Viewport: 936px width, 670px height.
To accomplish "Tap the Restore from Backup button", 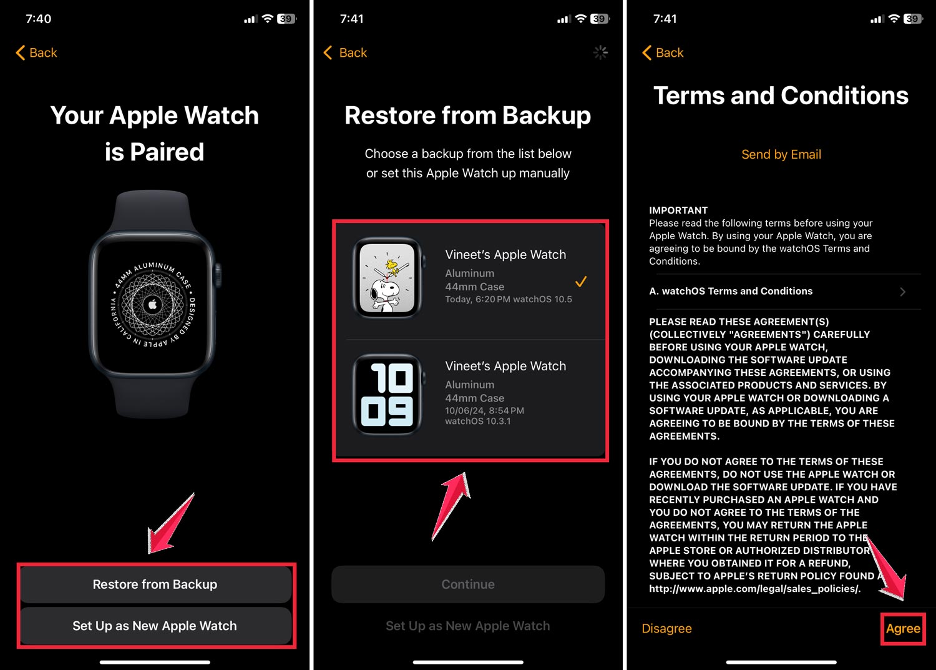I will [x=155, y=584].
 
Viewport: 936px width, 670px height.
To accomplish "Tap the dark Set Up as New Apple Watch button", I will [x=155, y=626].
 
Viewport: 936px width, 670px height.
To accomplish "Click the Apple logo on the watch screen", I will [x=152, y=304].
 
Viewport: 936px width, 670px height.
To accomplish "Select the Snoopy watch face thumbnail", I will [x=387, y=278].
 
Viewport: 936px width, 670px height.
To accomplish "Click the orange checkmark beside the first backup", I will [x=581, y=282].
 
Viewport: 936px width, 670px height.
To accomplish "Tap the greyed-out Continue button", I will [x=468, y=584].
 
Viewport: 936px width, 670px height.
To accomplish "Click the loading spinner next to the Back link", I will [x=600, y=53].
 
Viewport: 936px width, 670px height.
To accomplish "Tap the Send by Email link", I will [x=781, y=154].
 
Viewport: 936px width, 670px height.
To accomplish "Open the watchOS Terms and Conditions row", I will [x=731, y=291].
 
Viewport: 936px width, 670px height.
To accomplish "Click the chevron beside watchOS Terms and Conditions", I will [x=902, y=292].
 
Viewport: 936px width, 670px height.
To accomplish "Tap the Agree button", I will [x=903, y=629].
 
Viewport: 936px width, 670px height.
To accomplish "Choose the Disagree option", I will [x=666, y=629].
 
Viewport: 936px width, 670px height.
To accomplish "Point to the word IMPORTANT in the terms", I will [x=678, y=210].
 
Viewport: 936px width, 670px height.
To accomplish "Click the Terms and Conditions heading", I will [x=781, y=96].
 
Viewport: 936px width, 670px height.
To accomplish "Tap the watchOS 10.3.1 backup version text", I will [x=478, y=421].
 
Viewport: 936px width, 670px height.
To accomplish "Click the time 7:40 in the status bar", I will [x=38, y=19].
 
